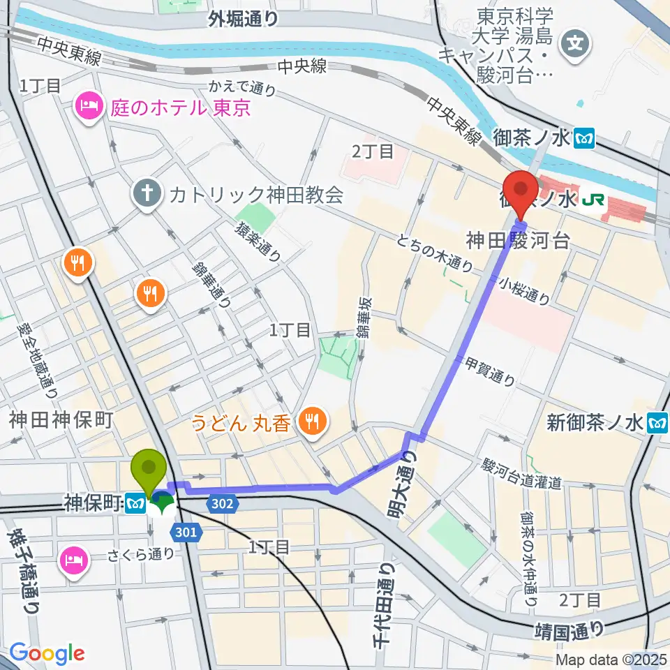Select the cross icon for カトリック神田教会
pos(147,193)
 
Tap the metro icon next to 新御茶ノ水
pos(657,422)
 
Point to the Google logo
pos(47,653)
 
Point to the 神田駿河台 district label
pos(519,242)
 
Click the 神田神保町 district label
pos(61,419)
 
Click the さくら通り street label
pos(140,554)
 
